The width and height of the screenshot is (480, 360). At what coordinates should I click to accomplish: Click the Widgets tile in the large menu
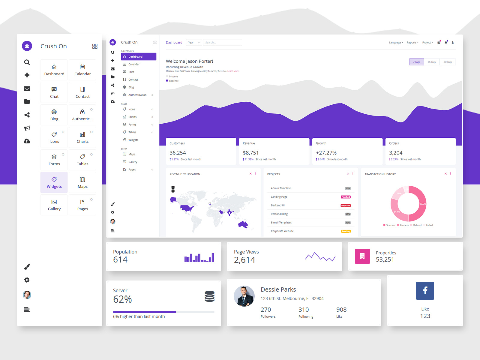tap(54, 182)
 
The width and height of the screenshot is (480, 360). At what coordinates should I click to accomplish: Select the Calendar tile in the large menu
tap(82, 70)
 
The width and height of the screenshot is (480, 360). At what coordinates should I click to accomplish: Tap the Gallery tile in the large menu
tap(54, 205)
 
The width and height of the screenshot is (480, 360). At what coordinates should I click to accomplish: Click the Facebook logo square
tap(425, 290)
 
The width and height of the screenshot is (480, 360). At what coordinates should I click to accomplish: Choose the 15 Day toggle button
tap(432, 62)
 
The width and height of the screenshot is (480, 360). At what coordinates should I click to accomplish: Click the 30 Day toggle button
tap(448, 62)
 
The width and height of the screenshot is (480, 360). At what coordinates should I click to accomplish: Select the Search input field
tap(222, 43)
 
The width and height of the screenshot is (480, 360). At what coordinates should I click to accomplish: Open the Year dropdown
tap(194, 43)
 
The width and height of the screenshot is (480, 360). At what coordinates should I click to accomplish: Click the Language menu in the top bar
tap(396, 43)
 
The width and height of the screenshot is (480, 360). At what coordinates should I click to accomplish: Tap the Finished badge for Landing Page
tap(346, 197)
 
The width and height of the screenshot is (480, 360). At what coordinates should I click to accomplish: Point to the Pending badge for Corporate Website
tap(346, 231)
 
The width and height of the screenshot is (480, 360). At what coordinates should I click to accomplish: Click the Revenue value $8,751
tap(251, 153)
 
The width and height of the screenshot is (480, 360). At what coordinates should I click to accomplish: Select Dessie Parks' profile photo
tap(244, 296)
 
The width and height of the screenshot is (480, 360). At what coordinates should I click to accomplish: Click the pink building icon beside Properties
tap(362, 256)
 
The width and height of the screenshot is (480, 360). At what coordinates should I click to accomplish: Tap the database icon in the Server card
tap(209, 296)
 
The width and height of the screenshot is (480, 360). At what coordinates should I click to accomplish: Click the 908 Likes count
tap(341, 310)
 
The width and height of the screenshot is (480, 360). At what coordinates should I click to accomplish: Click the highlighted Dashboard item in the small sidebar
tap(139, 57)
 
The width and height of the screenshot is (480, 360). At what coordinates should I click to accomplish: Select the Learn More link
tap(233, 71)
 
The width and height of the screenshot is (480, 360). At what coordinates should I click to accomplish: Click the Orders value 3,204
tap(396, 153)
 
